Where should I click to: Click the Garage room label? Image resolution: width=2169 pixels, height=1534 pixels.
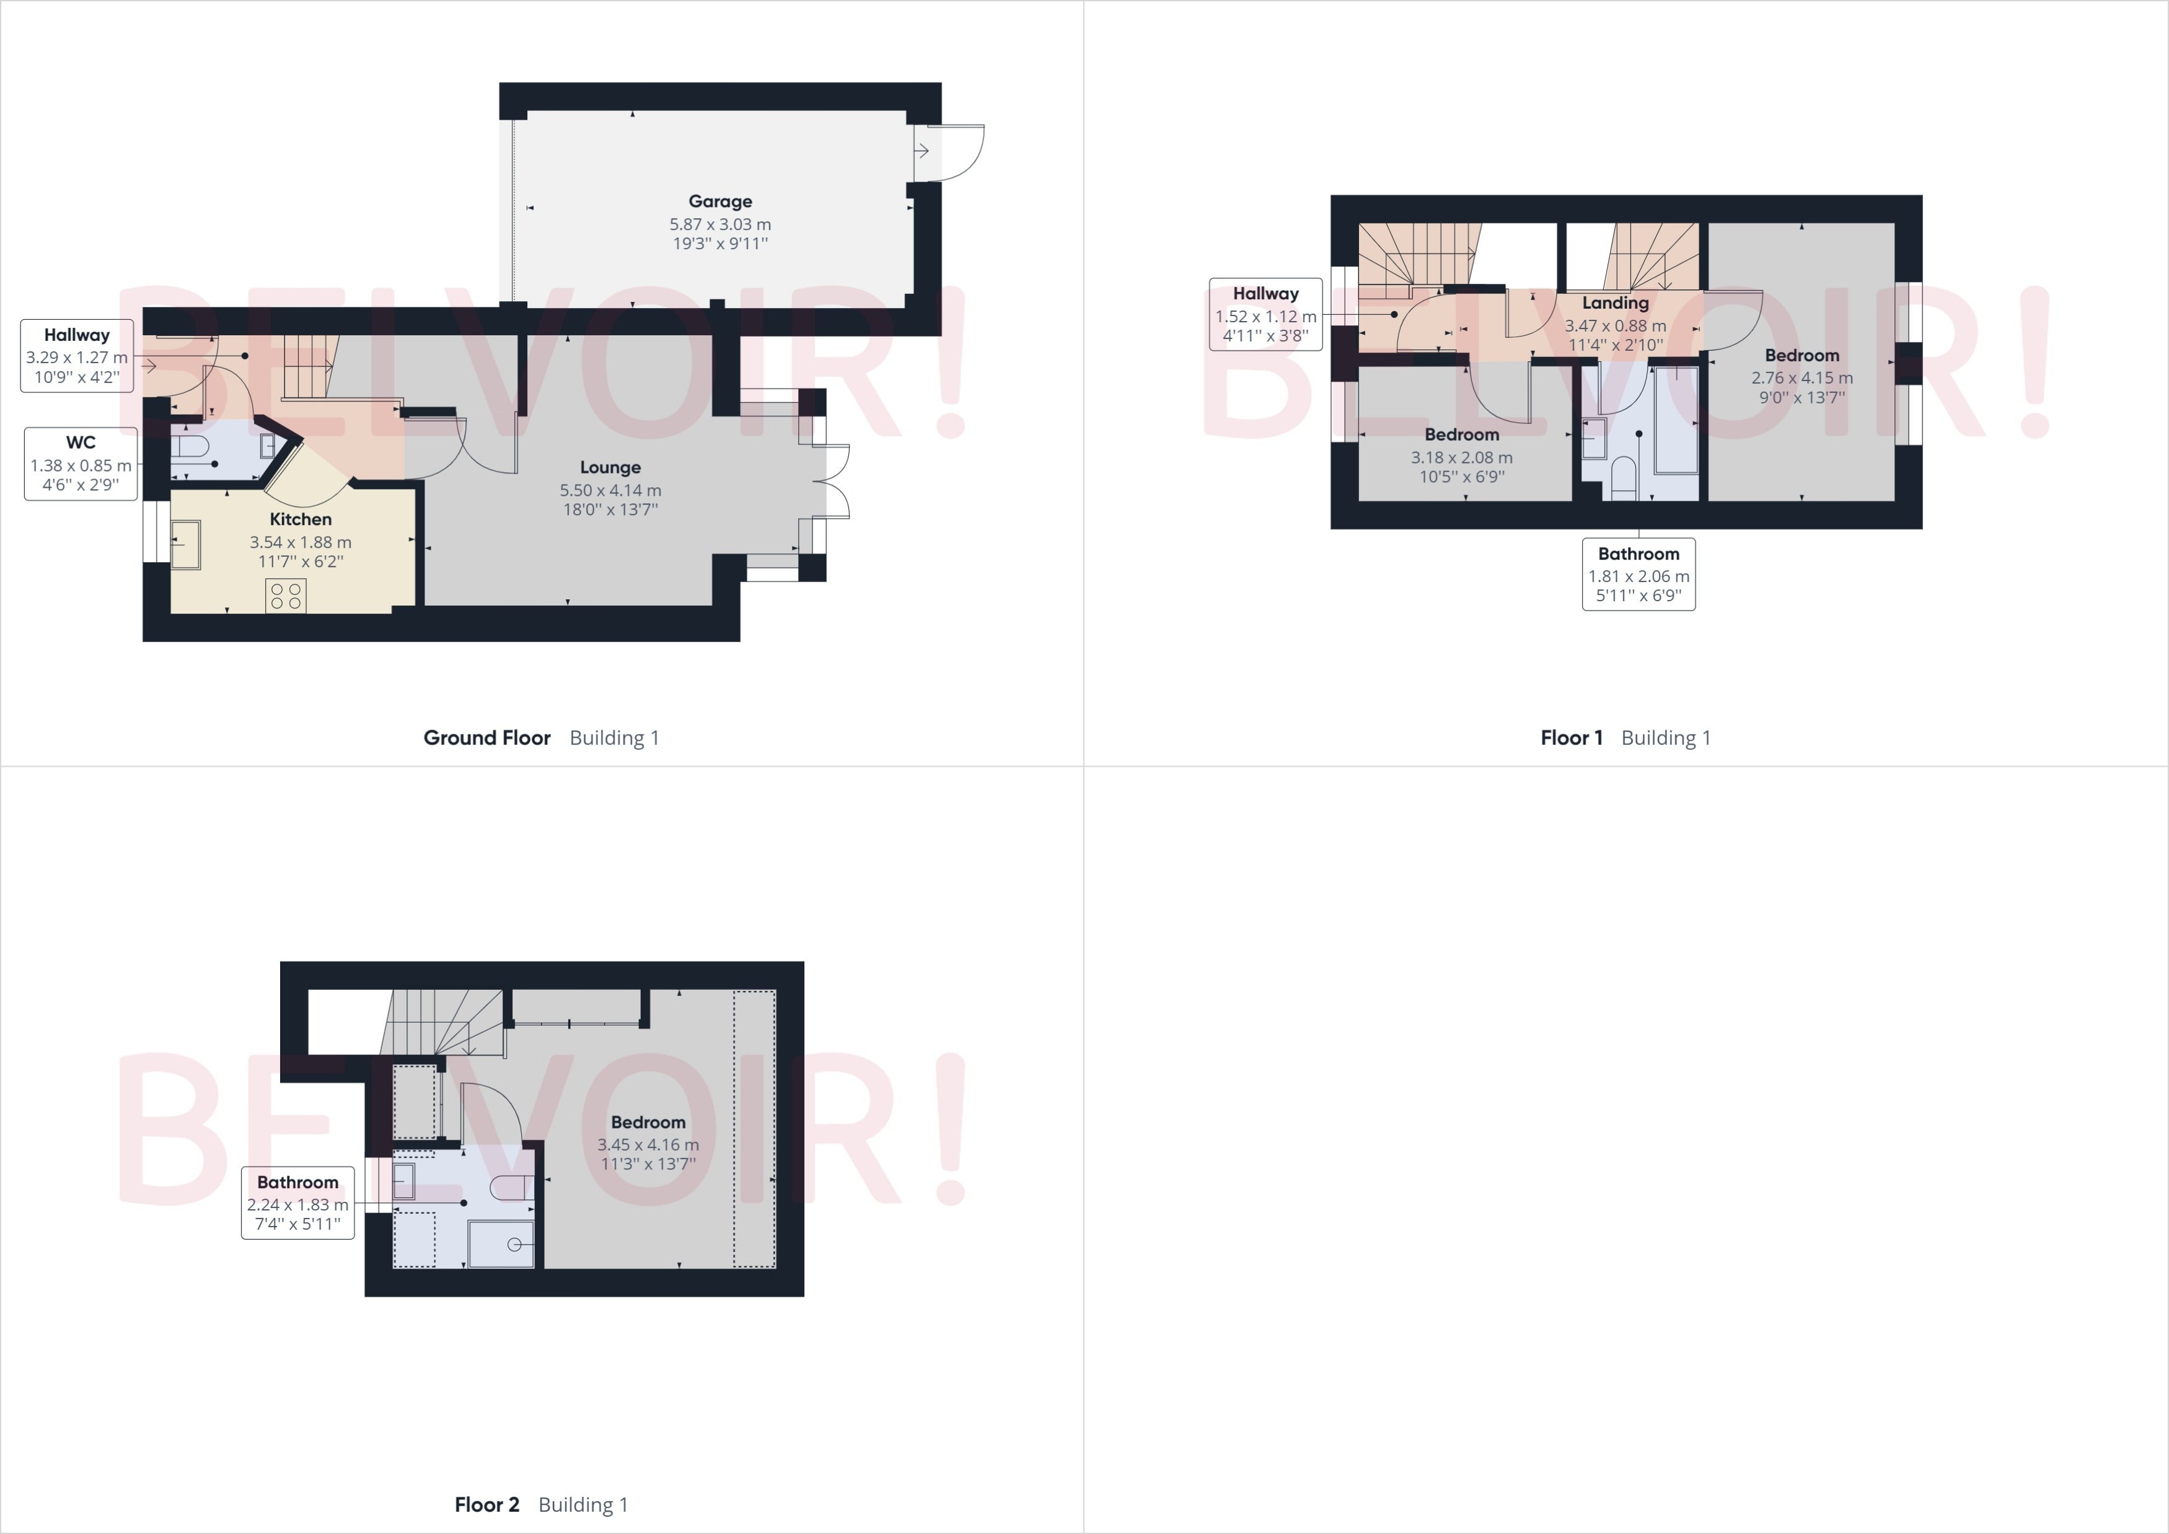pyautogui.click(x=720, y=201)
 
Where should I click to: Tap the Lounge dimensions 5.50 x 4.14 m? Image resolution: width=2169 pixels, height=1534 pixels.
pyautogui.click(x=610, y=490)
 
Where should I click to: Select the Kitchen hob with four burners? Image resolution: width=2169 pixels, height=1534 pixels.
pyautogui.click(x=285, y=596)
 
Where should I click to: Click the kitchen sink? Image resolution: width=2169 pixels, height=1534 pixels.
pyautogui.click(x=185, y=545)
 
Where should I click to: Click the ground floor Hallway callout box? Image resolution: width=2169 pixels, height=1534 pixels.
pyautogui.click(x=76, y=355)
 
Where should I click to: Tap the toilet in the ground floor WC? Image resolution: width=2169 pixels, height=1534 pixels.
pyautogui.click(x=190, y=445)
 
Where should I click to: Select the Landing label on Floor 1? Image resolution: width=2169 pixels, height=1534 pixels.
pyautogui.click(x=1616, y=303)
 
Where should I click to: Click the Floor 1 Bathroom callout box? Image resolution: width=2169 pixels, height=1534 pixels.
pyautogui.click(x=1639, y=575)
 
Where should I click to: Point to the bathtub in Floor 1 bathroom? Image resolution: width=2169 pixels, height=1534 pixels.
pyautogui.click(x=1676, y=420)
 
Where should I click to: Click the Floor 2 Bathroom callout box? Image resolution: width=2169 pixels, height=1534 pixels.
pyautogui.click(x=297, y=1202)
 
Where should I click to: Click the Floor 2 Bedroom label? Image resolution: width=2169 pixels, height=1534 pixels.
pyautogui.click(x=648, y=1122)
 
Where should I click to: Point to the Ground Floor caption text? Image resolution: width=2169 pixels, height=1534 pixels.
pyautogui.click(x=486, y=738)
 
